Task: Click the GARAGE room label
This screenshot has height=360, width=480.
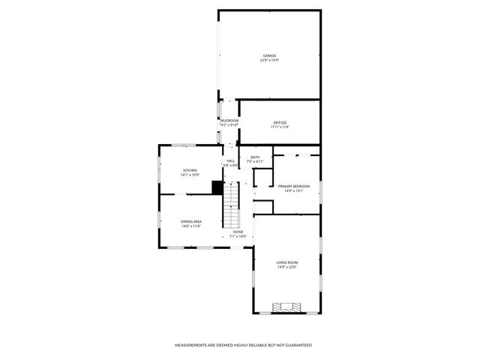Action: tap(269, 55)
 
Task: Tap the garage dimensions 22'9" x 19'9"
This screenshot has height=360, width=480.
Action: tap(269, 60)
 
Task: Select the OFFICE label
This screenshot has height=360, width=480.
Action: tap(280, 122)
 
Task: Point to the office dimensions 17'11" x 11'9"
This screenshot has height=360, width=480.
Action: tap(280, 127)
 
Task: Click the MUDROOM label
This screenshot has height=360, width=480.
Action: tap(229, 120)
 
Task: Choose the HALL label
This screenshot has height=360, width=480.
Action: tap(230, 160)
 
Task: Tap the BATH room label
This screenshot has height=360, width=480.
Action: tap(255, 157)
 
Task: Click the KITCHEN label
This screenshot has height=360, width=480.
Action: tap(190, 170)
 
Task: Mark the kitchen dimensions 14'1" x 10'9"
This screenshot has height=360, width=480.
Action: tap(190, 175)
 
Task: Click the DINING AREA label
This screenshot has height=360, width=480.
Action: tap(190, 221)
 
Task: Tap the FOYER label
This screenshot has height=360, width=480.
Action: tap(238, 232)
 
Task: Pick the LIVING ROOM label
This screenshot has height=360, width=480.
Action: tap(287, 262)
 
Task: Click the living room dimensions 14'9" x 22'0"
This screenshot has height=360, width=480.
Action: tap(287, 266)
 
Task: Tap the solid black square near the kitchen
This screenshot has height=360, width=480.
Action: tap(217, 187)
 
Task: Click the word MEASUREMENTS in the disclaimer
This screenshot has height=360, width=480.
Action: tap(192, 345)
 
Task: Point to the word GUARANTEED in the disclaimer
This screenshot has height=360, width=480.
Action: tap(297, 345)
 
